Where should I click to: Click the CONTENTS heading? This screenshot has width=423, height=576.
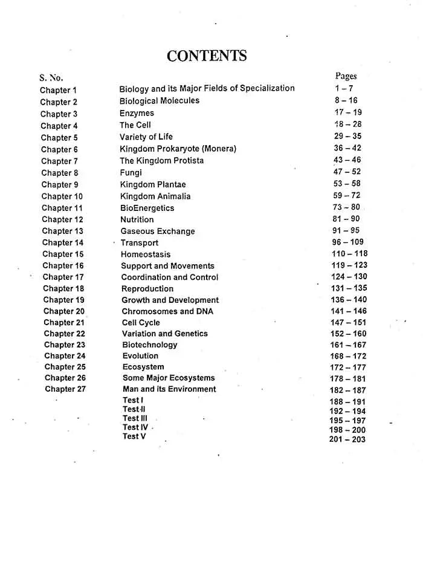point(207,56)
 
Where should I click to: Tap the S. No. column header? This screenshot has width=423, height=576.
point(51,78)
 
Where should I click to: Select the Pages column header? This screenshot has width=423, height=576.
point(346,76)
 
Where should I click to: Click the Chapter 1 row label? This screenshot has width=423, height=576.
point(59,90)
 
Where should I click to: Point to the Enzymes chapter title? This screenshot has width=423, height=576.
point(137,113)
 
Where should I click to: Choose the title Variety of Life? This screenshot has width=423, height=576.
point(146,137)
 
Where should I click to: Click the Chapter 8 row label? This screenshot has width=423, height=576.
point(60,173)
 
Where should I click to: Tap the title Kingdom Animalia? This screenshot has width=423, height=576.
point(155,196)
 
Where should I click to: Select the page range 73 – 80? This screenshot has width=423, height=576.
point(346,207)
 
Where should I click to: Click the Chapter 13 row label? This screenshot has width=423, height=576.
point(62,231)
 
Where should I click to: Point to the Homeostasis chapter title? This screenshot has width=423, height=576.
point(146,254)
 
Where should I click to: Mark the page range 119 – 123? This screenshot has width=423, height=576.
point(349,265)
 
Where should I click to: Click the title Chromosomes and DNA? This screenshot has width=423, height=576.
point(167,311)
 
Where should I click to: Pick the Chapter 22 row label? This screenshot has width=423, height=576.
point(64,334)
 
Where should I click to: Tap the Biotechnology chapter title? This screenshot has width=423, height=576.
point(150,345)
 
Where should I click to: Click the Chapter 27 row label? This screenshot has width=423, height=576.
point(65,389)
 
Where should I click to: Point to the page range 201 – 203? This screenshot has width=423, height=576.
point(347,439)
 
